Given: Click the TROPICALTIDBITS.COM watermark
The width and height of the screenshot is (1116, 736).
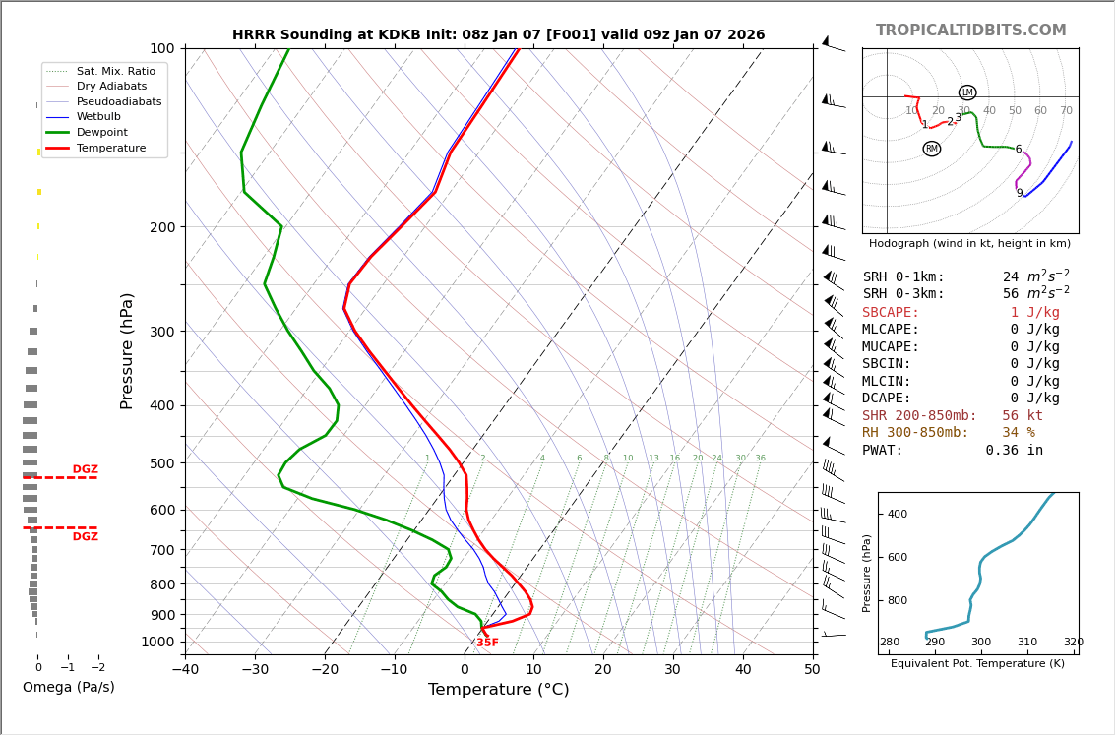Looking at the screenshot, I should pos(970,31).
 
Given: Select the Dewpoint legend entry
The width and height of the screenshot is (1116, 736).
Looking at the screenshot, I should pos(103,132).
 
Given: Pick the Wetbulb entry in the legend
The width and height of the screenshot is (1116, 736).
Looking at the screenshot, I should pos(103,117).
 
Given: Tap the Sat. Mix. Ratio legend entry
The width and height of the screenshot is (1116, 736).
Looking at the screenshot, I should pos(115,72).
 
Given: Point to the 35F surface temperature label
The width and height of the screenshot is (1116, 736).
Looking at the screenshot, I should pos(487,643).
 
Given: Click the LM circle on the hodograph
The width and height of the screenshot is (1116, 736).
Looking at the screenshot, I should pos(967,92).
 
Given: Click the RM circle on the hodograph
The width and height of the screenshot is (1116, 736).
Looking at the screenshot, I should pos(931,149).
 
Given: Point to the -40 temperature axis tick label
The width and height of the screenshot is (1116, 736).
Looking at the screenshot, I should pos(185,671).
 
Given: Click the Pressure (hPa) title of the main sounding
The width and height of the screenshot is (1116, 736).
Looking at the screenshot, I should pos(128,350).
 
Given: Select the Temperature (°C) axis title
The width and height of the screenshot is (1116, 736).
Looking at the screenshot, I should pos(498,690).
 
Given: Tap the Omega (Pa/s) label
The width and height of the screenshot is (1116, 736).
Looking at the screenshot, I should pos(68,687).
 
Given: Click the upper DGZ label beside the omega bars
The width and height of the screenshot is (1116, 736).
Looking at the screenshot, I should pos(85,470).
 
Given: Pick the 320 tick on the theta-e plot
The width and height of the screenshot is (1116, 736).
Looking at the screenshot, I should pos(1073,643).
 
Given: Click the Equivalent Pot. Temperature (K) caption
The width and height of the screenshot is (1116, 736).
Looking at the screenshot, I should pos(977,664).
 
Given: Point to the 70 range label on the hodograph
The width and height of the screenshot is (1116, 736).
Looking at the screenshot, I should pos(1066,111).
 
